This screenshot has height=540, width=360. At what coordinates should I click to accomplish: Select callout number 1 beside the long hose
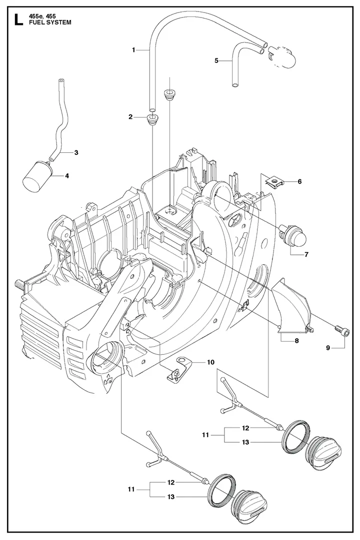(133, 49)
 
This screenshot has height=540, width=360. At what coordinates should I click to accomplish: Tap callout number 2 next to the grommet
(130, 117)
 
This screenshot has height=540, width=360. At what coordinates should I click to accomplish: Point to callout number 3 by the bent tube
(76, 152)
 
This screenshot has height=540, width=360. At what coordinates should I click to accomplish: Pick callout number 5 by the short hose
(216, 61)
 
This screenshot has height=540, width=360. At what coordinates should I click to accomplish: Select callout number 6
(299, 181)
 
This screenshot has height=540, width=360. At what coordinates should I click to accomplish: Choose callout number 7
(306, 254)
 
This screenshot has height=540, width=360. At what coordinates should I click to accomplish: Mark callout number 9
(328, 348)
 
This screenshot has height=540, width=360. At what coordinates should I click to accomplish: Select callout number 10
(210, 363)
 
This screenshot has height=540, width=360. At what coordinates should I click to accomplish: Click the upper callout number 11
(205, 436)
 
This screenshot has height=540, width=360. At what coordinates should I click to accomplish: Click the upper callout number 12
(245, 428)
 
